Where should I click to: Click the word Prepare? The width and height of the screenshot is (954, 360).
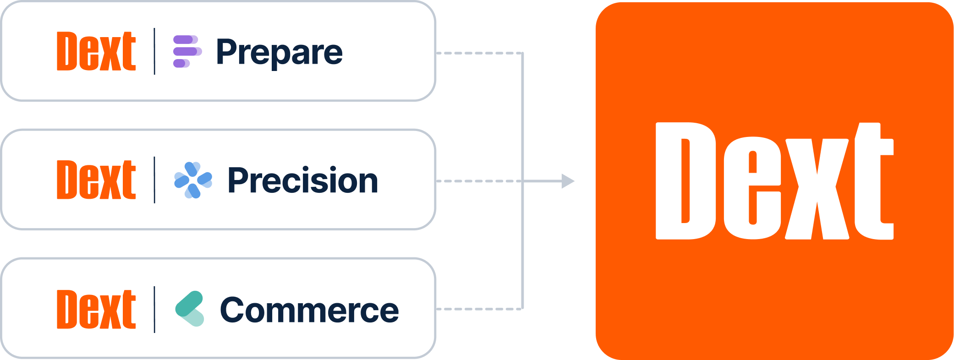[279, 53]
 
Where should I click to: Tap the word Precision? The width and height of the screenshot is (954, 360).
[302, 180]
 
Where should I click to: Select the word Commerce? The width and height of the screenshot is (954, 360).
[309, 310]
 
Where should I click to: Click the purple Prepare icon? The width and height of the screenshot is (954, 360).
[187, 51]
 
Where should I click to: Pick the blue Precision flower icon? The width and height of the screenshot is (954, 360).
[193, 180]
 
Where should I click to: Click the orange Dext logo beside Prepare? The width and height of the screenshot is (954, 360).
[96, 51]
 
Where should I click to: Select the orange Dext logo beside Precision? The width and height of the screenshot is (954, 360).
[96, 180]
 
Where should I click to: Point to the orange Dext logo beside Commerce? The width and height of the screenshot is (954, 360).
[96, 309]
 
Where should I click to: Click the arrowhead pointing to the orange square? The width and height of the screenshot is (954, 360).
[568, 181]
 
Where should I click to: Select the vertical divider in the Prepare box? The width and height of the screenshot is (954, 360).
[154, 51]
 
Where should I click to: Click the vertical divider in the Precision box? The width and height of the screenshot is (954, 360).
[154, 180]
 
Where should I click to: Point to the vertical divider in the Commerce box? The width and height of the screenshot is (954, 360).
[154, 309]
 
